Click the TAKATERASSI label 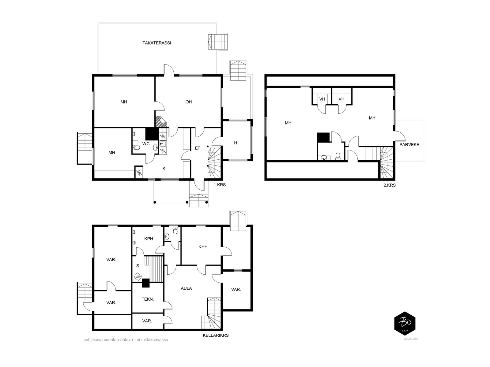coord(156,43)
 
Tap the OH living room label coord(188,102)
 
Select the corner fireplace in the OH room coord(160,122)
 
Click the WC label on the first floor coord(146,144)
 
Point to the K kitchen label coord(164,169)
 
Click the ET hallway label coord(198,148)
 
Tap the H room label coord(236,143)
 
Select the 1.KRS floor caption coord(220,185)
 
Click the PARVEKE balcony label coord(409,145)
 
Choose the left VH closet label coord(322,99)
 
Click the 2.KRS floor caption coord(390,185)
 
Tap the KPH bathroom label coord(149,239)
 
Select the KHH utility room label coord(203,247)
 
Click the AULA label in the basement coord(186,288)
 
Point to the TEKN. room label coord(148,299)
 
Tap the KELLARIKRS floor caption coord(216,335)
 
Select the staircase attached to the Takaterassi coord(218,42)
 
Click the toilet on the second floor coord(338,157)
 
